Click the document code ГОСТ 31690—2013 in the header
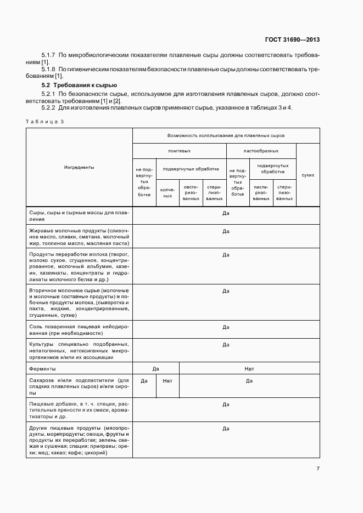tap(293, 40)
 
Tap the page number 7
tap(318, 468)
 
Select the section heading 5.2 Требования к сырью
tap(79, 86)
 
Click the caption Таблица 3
tap(45, 121)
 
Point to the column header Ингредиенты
tap(79, 167)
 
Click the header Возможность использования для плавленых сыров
tap(226, 135)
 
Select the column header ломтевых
tap(179, 151)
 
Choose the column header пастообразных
tap(261, 151)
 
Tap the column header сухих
tap(308, 175)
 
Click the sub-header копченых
tap(167, 192)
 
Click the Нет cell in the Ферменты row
tap(249, 369)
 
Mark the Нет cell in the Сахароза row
tap(167, 380)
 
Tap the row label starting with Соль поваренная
tap(79, 330)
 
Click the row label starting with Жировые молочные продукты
tap(79, 237)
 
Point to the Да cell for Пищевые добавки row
tap(226, 404)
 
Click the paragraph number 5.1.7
tap(49, 55)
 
